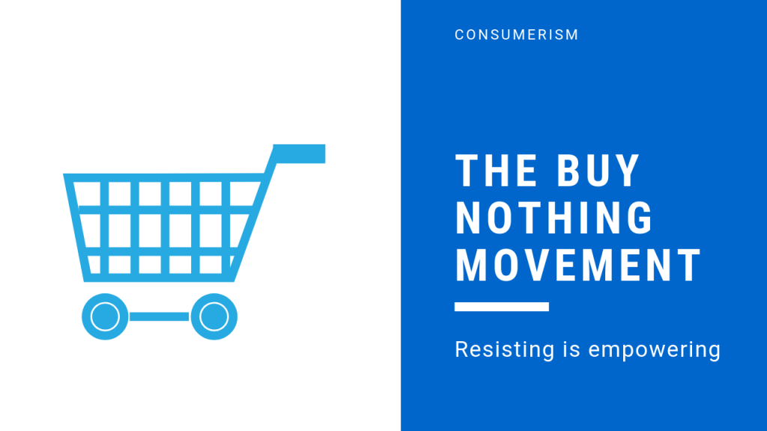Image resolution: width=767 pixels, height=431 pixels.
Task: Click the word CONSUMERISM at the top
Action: coord(517,34)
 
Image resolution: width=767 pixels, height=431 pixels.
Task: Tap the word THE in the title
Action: coord(496,171)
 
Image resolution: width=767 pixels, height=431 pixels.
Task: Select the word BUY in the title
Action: coord(598,171)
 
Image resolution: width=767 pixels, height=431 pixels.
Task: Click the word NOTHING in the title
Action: coord(554,218)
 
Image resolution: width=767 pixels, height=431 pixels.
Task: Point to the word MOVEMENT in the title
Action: coord(578,266)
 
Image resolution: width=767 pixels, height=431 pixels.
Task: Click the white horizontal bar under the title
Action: coord(501,306)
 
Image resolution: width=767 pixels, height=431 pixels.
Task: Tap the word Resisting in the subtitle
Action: coord(504,350)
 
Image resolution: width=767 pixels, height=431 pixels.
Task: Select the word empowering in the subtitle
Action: coord(655,350)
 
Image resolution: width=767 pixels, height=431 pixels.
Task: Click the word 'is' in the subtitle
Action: coord(572,350)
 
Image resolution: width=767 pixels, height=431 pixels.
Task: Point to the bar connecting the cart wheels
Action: coord(160,317)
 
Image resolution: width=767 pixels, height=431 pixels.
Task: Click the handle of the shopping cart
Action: coord(300,153)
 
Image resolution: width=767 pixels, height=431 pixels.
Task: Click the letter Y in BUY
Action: coord(627,171)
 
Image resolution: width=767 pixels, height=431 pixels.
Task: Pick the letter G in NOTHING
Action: coord(640,218)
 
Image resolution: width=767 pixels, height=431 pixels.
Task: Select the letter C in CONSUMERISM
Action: coord(460,34)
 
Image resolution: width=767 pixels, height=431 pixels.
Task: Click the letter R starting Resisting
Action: coord(462,349)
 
